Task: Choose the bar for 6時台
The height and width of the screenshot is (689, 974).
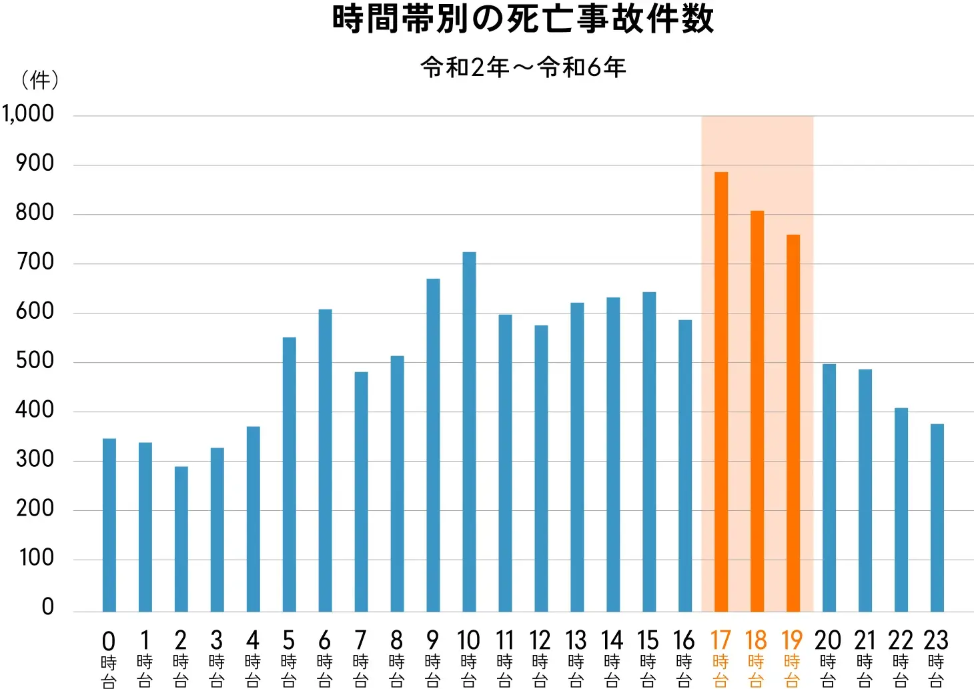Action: tap(325, 460)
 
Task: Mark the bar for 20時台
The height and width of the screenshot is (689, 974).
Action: tap(829, 488)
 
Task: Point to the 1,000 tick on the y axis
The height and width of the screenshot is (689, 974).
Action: tap(28, 114)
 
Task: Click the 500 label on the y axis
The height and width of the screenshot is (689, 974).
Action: tap(35, 361)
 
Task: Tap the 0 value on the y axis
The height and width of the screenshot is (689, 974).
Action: tap(47, 606)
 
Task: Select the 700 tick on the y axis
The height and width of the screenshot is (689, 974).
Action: tap(35, 262)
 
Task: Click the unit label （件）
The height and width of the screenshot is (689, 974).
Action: tap(40, 81)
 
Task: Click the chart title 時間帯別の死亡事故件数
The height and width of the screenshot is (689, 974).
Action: tap(523, 19)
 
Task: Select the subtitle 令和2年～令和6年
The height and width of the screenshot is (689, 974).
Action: tap(523, 67)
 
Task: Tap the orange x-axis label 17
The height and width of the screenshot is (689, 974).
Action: tap(720, 641)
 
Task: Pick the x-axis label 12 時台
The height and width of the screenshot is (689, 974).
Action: tap(540, 657)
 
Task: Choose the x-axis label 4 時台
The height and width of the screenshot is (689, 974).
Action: tap(253, 657)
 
